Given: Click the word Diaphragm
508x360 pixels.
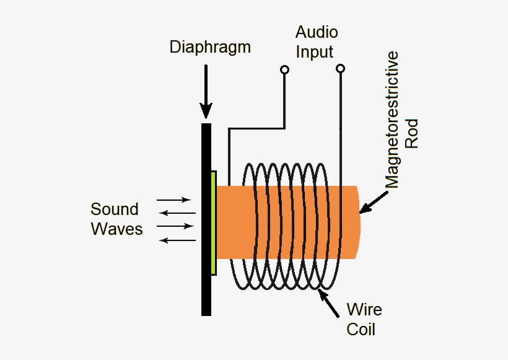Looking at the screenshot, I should pyautogui.click(x=210, y=48).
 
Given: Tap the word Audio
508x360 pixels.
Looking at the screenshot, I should pyautogui.click(x=317, y=32).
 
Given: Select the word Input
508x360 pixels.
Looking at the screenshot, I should pyautogui.click(x=314, y=51).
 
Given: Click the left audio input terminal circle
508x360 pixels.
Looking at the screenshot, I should pyautogui.click(x=284, y=69).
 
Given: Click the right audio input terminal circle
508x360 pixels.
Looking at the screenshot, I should pyautogui.click(x=339, y=69).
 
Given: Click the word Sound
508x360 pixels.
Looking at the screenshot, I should pyautogui.click(x=115, y=209).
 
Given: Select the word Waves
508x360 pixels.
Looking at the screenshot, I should pyautogui.click(x=116, y=229).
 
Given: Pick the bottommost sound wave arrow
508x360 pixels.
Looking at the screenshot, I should pyautogui.click(x=178, y=240).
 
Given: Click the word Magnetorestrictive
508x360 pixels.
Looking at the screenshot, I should pyautogui.click(x=392, y=120).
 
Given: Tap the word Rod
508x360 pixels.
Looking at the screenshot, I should pyautogui.click(x=412, y=133).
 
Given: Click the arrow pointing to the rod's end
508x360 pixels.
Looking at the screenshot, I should pyautogui.click(x=374, y=201).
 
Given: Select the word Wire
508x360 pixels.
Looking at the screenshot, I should pyautogui.click(x=364, y=309).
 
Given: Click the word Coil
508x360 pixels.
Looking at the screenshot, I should pyautogui.click(x=361, y=328).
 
